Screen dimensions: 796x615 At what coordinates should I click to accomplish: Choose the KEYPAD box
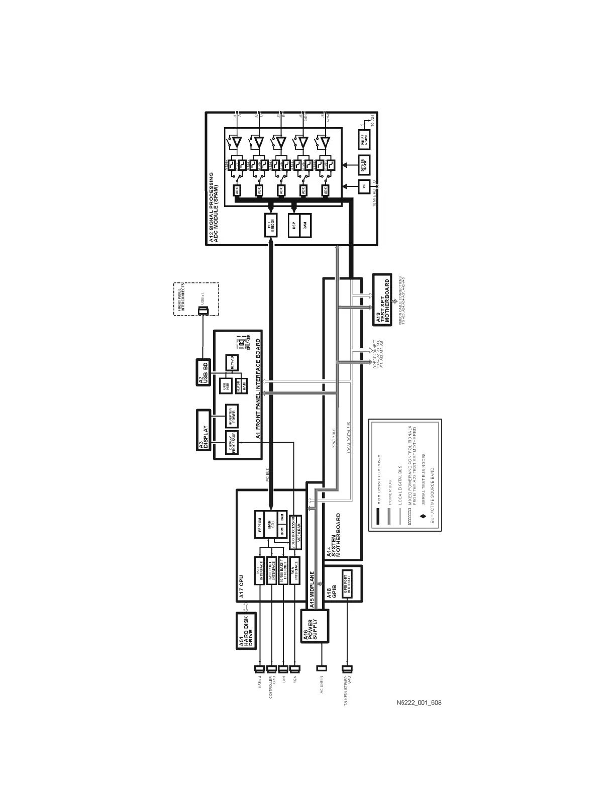[232, 363]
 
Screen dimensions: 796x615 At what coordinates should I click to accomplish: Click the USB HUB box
[226, 386]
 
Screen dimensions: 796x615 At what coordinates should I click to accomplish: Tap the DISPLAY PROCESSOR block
[232, 442]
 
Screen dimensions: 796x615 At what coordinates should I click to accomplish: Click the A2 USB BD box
[202, 373]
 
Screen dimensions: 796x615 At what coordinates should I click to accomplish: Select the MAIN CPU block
[271, 525]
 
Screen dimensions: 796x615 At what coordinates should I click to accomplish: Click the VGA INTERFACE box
[295, 570]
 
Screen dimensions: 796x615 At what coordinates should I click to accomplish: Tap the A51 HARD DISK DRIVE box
[246, 631]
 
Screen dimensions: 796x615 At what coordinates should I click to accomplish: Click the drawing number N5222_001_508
[419, 703]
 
